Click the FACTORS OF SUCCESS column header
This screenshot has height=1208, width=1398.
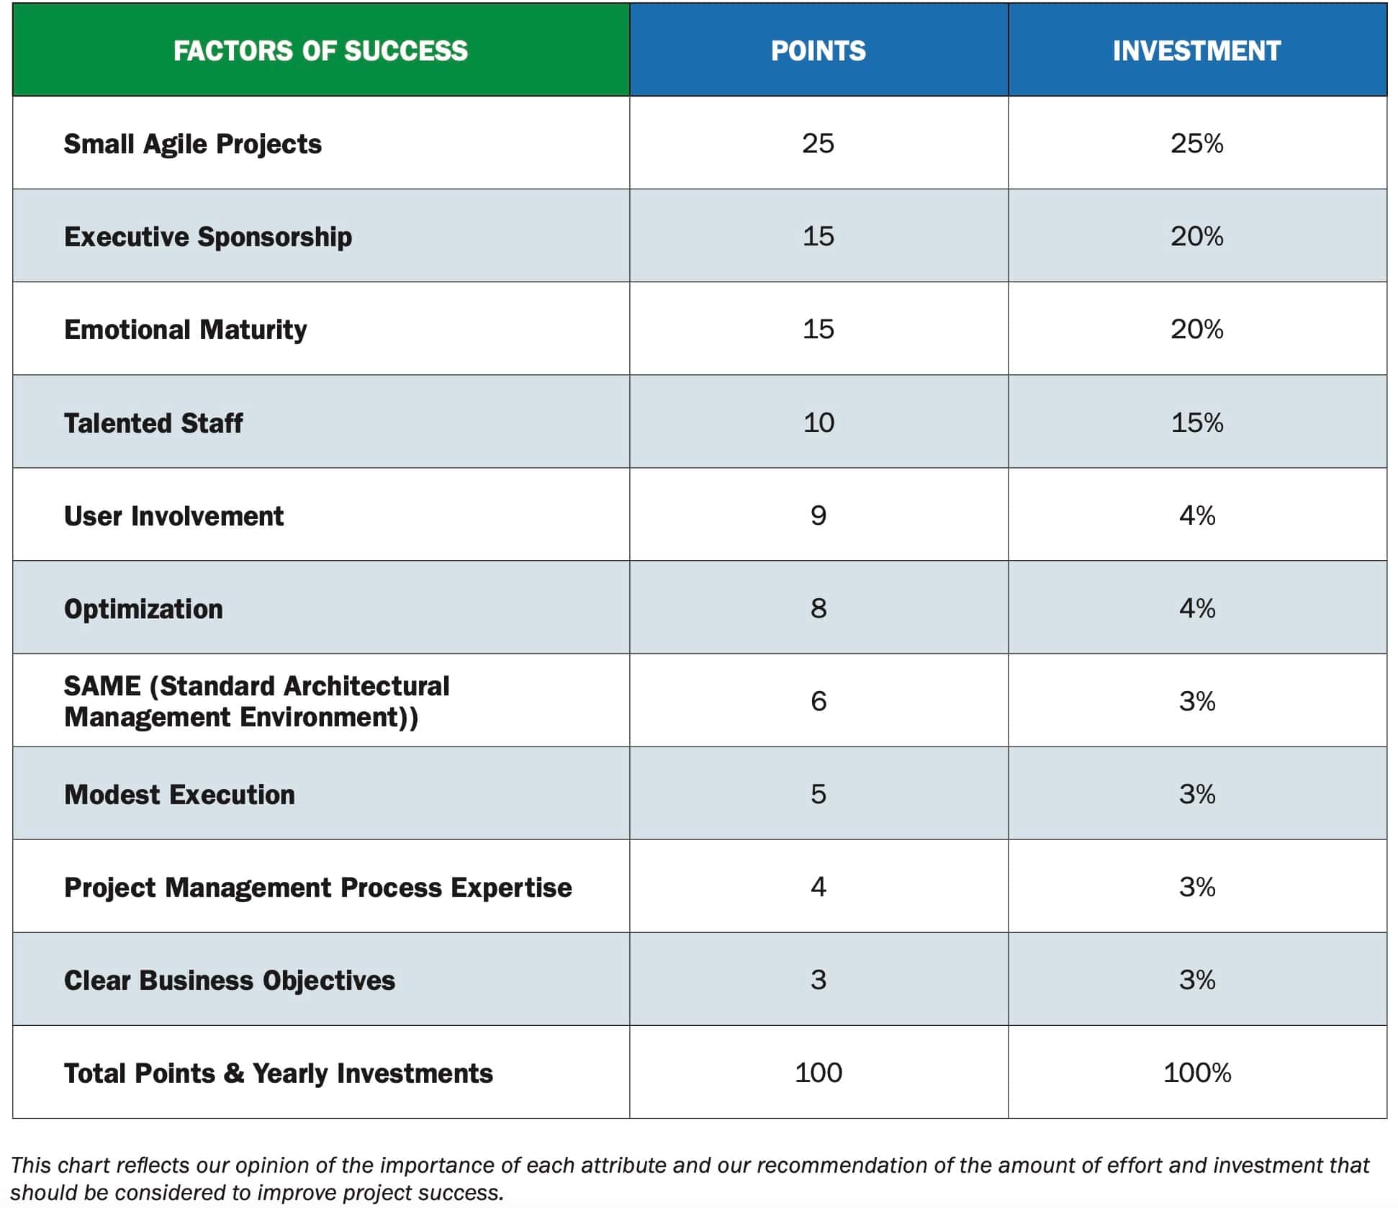320,50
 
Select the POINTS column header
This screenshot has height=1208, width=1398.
818,50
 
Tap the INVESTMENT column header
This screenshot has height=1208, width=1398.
1196,50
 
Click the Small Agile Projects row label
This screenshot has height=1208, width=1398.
192,143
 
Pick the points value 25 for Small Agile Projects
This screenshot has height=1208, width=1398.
818,143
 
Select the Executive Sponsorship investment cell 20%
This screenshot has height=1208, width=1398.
1196,236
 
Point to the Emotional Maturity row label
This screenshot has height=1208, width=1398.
185,329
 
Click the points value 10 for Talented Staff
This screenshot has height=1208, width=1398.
818,422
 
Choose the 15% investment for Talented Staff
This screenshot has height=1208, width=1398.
1196,422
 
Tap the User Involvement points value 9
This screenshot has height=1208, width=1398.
818,515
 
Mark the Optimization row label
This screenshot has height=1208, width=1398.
143,608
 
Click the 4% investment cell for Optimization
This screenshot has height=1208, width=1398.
1196,608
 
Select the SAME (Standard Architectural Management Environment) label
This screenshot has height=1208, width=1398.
256,700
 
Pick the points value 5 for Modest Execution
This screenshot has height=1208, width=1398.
818,793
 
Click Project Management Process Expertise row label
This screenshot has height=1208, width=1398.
317,887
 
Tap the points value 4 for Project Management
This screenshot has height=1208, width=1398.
818,886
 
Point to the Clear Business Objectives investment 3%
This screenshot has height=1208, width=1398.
1196,979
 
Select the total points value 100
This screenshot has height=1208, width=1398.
818,1072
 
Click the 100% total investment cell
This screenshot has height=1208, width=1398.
1196,1072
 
